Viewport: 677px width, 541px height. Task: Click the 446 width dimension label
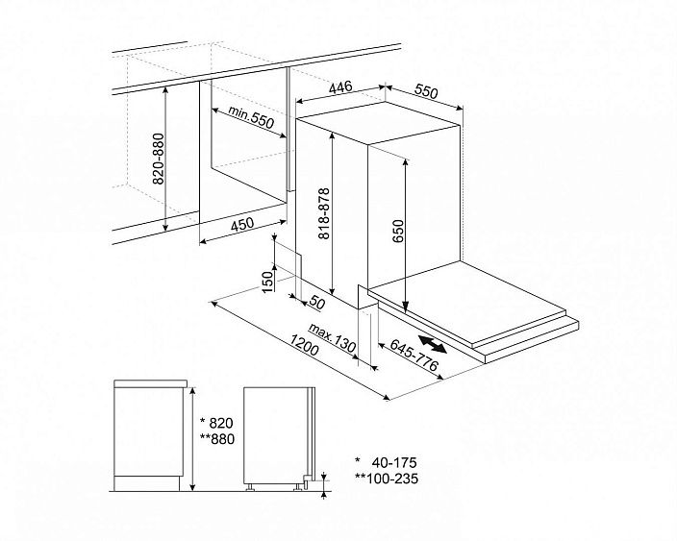[x=340, y=87]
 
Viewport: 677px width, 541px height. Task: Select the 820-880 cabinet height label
[x=159, y=159]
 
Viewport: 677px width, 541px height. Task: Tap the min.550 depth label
[x=251, y=117]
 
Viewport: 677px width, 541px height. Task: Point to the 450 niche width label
[x=242, y=225]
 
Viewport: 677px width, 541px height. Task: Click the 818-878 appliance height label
[x=324, y=213]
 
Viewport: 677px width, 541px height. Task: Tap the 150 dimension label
[x=268, y=282]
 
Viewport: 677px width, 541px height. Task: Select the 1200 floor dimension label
[x=304, y=344]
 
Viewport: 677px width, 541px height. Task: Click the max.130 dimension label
[x=333, y=338]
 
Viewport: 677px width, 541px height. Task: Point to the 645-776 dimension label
[x=414, y=355]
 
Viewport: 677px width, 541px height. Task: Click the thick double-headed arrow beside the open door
[x=432, y=344]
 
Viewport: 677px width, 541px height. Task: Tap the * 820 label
[x=216, y=422]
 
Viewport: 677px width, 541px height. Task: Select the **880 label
[x=217, y=439]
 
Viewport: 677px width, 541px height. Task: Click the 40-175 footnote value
[x=394, y=462]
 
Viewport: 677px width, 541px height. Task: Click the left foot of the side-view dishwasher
[x=250, y=487]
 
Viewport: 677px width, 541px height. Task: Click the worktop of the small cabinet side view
[x=150, y=383]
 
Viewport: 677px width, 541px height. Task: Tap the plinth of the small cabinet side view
[x=147, y=482]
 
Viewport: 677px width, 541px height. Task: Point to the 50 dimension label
[x=317, y=304]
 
